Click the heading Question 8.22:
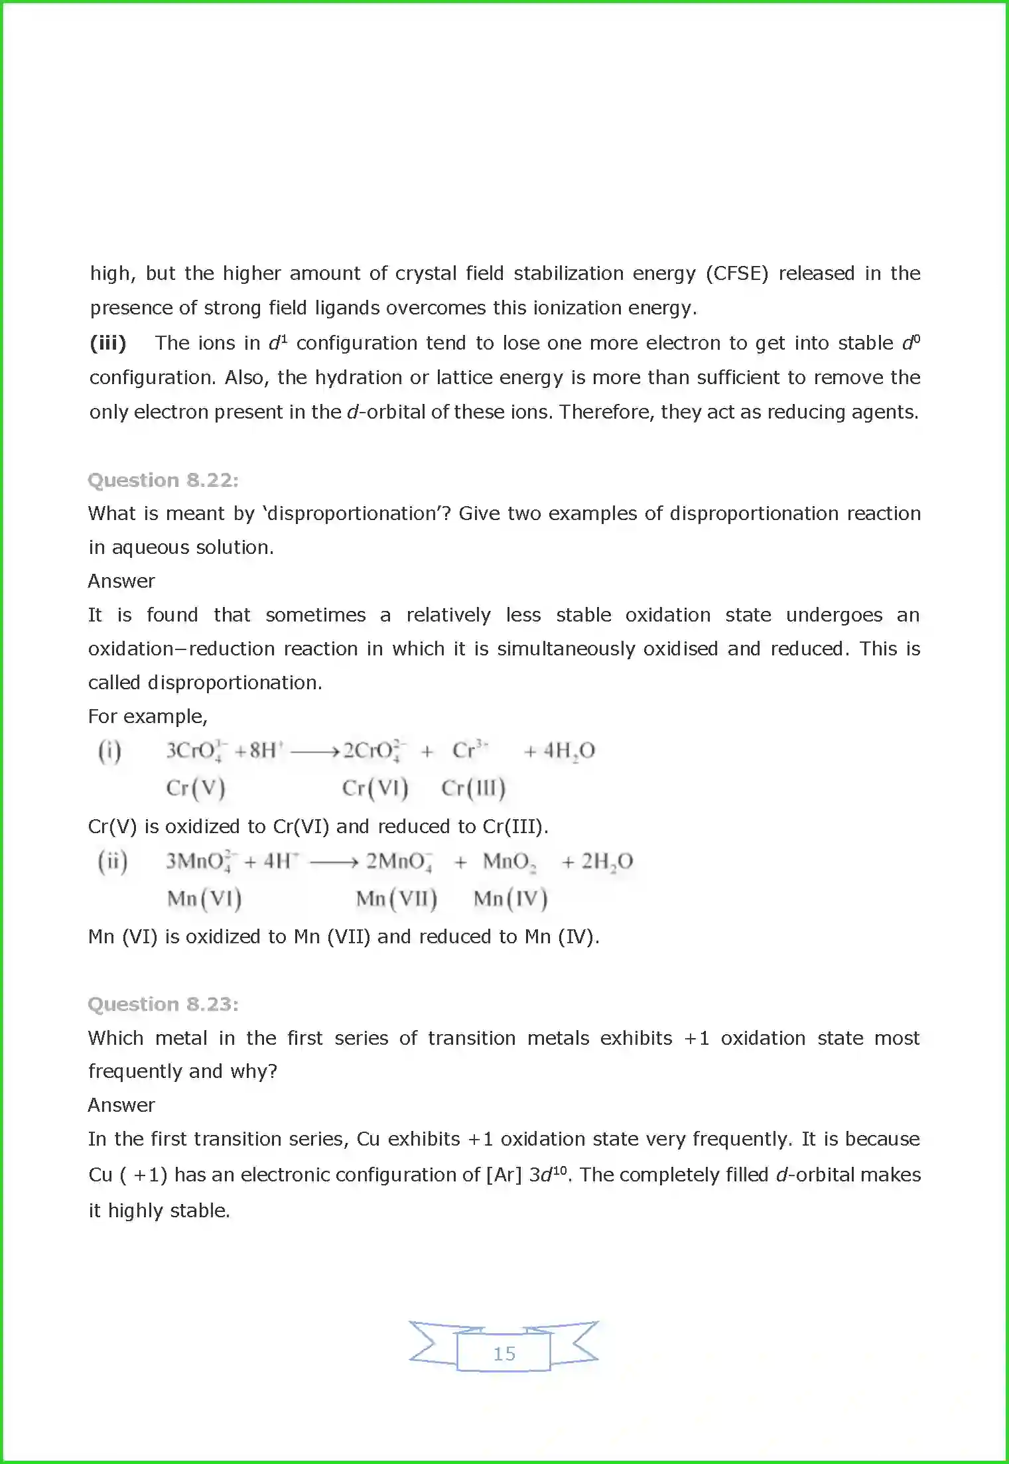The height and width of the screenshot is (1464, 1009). pyautogui.click(x=163, y=480)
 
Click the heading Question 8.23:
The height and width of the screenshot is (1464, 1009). pyautogui.click(x=163, y=1004)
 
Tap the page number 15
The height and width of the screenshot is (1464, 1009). pyautogui.click(x=504, y=1353)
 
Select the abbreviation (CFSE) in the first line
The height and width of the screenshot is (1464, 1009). pyautogui.click(x=736, y=273)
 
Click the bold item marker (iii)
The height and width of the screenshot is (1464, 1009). pyautogui.click(x=107, y=343)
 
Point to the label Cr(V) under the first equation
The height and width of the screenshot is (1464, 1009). pyautogui.click(x=196, y=788)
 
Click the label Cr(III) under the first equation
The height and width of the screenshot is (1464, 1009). pyautogui.click(x=473, y=788)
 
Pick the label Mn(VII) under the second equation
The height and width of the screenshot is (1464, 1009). pyautogui.click(x=396, y=899)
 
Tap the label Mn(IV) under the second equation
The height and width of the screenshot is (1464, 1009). pyautogui.click(x=510, y=899)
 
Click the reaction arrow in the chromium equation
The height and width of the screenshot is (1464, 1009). pyautogui.click(x=315, y=752)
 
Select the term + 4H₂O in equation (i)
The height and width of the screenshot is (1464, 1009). pyautogui.click(x=559, y=751)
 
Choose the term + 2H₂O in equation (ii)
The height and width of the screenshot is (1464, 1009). pyautogui.click(x=597, y=862)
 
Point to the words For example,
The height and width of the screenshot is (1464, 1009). pyautogui.click(x=148, y=716)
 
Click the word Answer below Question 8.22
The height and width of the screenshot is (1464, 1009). pyautogui.click(x=121, y=581)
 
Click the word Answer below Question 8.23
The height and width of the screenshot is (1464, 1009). pyautogui.click(x=121, y=1105)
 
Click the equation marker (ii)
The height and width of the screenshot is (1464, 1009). pyautogui.click(x=113, y=862)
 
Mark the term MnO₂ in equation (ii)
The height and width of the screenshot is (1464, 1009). pyautogui.click(x=509, y=862)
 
